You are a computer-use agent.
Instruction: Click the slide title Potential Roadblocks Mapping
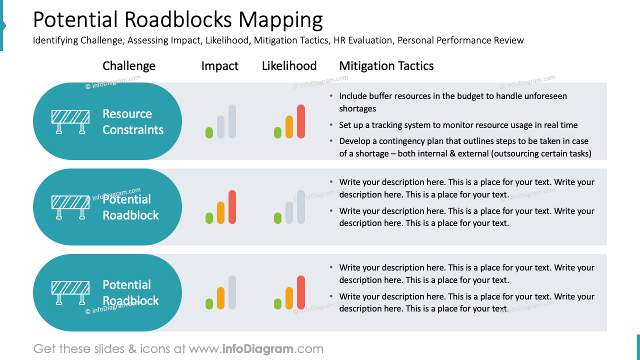tap(177, 20)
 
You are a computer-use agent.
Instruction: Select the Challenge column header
tap(129, 66)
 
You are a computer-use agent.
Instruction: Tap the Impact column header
tap(220, 66)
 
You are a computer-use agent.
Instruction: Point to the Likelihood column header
tap(289, 66)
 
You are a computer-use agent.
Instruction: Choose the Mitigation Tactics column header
tap(386, 66)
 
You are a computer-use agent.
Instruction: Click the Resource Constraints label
tap(133, 121)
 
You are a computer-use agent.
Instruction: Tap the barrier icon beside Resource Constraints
tap(70, 122)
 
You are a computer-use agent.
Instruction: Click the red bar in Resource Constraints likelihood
tap(301, 121)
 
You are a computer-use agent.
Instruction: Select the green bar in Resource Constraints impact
tap(209, 132)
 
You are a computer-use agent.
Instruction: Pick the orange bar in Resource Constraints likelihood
tap(289, 127)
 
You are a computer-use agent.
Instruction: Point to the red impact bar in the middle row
tap(232, 207)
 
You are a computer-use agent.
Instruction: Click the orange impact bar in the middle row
tap(220, 212)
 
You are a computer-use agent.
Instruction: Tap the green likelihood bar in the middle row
tap(277, 218)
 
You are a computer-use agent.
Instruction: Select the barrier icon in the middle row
tap(70, 207)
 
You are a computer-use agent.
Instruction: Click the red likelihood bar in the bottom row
tap(301, 292)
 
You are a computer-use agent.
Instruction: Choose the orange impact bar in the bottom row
tap(220, 298)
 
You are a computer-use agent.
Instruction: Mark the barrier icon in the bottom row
tap(70, 292)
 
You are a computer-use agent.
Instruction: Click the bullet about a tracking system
tap(458, 125)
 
